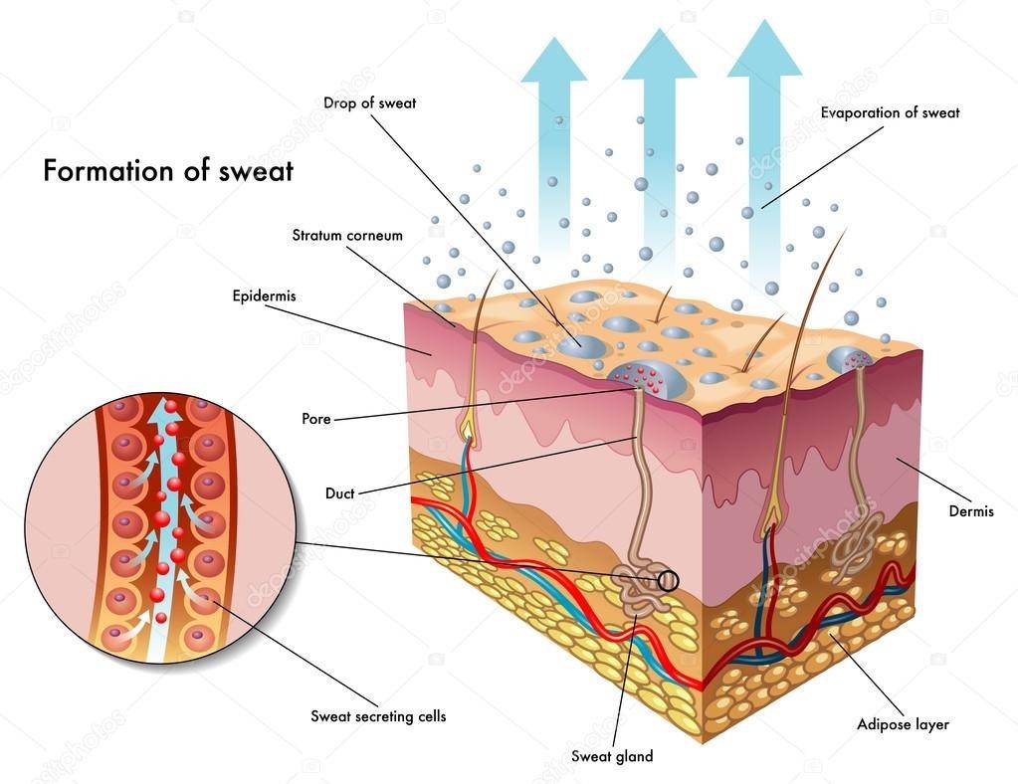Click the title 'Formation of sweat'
pyautogui.click(x=167, y=170)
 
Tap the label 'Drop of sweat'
pyautogui.click(x=369, y=102)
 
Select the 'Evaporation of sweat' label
pyautogui.click(x=890, y=112)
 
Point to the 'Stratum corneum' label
pyautogui.click(x=347, y=236)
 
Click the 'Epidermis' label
pyautogui.click(x=264, y=295)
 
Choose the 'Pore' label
pyautogui.click(x=315, y=419)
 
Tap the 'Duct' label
pyautogui.click(x=339, y=492)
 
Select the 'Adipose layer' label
pyautogui.click(x=903, y=724)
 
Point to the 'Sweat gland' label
pyautogui.click(x=611, y=756)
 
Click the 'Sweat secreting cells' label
pyautogui.click(x=378, y=715)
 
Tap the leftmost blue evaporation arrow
pyautogui.click(x=554, y=139)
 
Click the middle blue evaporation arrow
pyautogui.click(x=658, y=129)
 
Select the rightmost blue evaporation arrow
pyautogui.click(x=763, y=119)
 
